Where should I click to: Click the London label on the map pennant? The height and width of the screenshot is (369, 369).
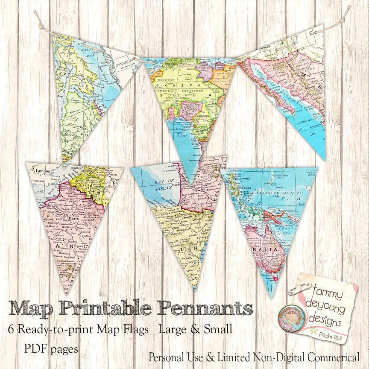(44, 171)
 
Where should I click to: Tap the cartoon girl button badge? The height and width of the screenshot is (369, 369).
(287, 318)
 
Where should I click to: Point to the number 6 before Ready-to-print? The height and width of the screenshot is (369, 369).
(12, 330)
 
